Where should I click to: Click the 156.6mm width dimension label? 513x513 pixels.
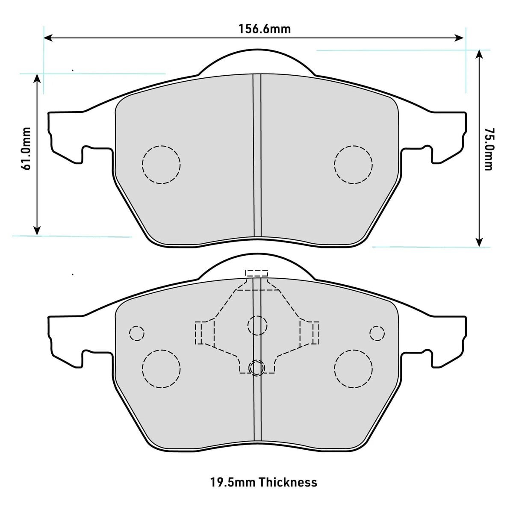pyautogui.click(x=264, y=29)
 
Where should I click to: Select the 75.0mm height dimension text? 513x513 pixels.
pyautogui.click(x=488, y=149)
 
